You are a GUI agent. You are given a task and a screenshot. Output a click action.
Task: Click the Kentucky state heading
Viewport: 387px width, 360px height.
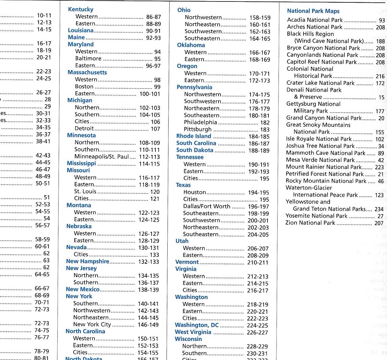point(81,10)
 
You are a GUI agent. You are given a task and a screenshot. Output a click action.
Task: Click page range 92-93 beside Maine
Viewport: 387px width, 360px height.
point(153,38)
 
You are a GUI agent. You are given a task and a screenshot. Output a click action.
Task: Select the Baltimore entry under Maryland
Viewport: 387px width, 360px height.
point(88,59)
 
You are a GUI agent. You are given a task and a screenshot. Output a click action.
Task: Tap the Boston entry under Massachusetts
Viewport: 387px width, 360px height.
point(84,86)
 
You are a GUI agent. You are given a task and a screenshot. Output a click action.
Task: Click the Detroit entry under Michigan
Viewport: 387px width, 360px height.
point(84,129)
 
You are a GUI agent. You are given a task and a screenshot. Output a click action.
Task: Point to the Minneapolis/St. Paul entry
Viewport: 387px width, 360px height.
point(102,157)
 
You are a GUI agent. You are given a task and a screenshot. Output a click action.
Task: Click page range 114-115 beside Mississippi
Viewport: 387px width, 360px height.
point(149,164)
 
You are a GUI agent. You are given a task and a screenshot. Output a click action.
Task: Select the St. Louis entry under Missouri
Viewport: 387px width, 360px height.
point(85,192)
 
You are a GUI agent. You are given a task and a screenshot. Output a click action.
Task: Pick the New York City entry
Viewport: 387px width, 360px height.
point(92,324)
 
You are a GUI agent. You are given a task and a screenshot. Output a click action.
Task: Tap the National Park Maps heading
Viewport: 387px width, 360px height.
point(313,11)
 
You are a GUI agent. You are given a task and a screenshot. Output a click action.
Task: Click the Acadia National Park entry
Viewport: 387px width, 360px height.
point(315,20)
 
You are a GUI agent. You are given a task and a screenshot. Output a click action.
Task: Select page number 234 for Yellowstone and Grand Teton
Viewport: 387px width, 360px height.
point(379,209)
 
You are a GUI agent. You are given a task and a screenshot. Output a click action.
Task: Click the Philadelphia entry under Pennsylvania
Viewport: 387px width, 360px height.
point(200,122)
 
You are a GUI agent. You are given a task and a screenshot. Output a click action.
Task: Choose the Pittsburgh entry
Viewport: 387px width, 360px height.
point(198,129)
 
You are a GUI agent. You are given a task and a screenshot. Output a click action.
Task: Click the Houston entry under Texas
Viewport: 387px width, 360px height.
point(194,192)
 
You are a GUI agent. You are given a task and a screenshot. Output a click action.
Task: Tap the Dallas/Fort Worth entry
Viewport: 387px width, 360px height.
point(207,206)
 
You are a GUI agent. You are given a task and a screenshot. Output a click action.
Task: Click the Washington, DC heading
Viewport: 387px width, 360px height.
point(197,325)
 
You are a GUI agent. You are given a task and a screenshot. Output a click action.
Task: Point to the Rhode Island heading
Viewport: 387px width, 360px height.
point(193,136)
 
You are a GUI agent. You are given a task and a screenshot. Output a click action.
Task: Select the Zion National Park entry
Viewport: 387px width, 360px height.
point(310,223)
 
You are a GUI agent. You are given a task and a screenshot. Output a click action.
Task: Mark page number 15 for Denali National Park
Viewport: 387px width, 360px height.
point(381,97)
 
